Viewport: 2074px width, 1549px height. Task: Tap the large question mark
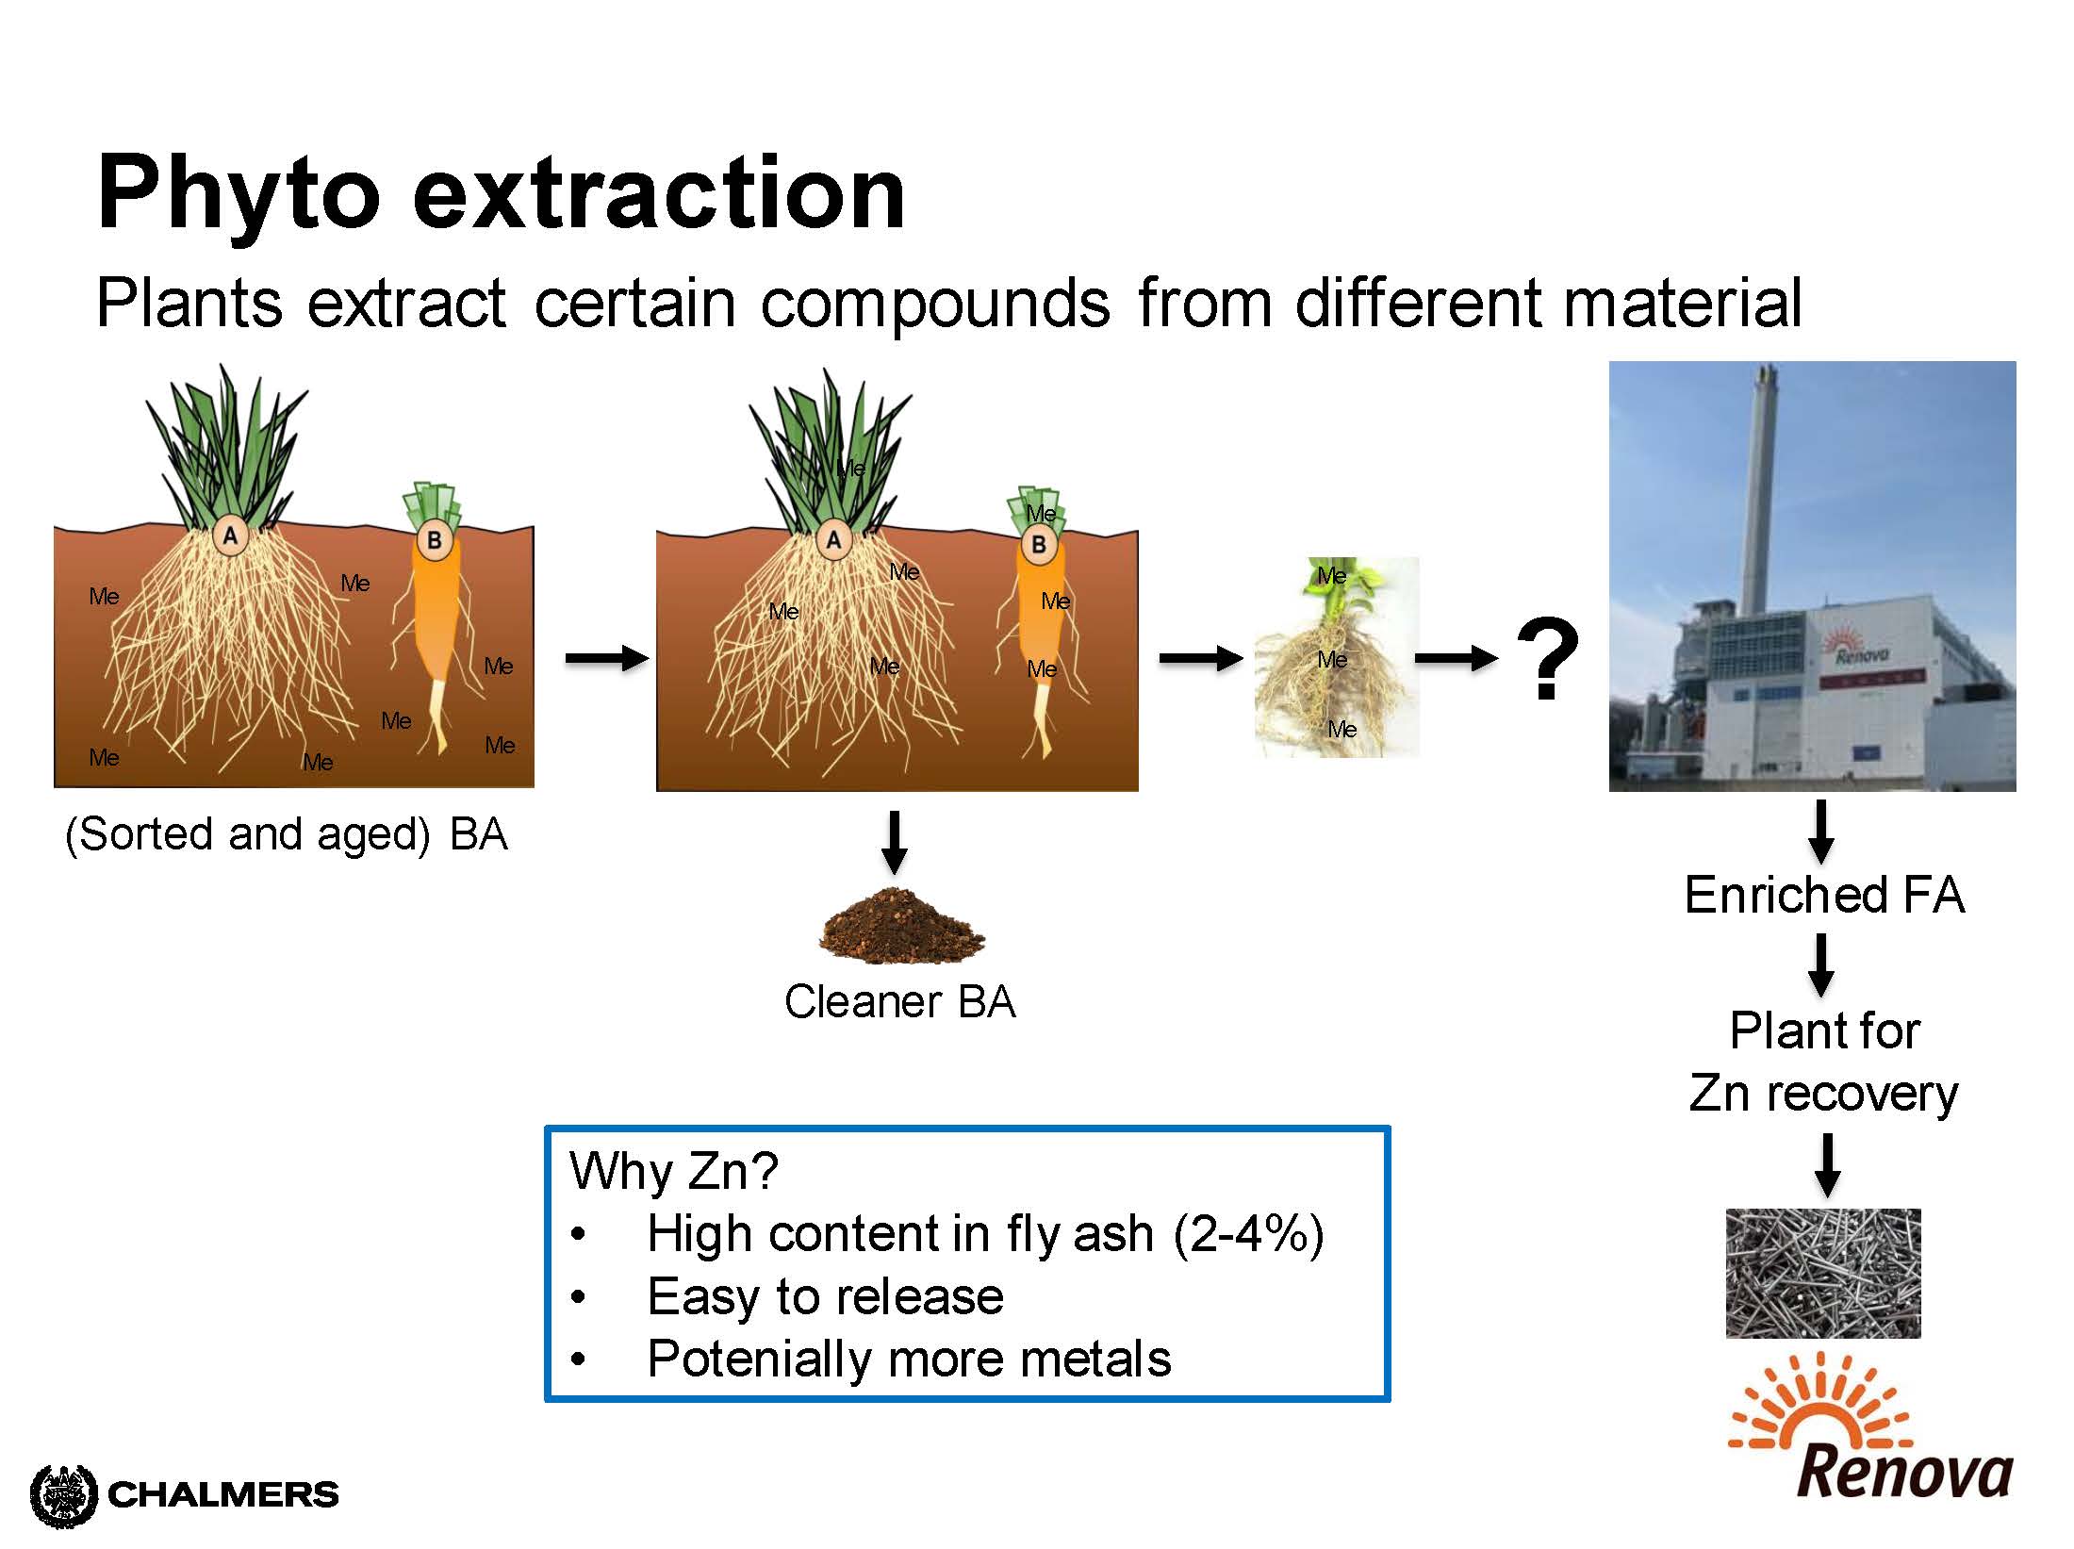pos(1548,659)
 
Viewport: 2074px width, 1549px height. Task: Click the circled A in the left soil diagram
pos(230,536)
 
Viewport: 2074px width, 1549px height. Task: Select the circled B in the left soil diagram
pos(435,540)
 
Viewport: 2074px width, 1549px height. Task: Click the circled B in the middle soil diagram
pos(1039,545)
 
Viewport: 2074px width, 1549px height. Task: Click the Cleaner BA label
pos(900,1001)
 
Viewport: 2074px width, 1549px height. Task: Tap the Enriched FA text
pos(1824,895)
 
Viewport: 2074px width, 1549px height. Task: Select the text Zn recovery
pos(1823,1094)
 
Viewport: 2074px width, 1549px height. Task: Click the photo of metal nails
pos(1823,1273)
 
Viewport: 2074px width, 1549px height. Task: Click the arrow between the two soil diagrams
pos(607,658)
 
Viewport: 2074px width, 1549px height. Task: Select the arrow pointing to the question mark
pos(1457,658)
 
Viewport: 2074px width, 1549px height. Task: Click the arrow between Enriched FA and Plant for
pos(1821,964)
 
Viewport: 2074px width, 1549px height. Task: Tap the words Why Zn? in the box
pos(674,1172)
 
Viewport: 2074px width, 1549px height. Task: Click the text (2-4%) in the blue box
pos(1248,1234)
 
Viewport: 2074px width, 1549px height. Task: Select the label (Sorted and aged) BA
pos(287,834)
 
